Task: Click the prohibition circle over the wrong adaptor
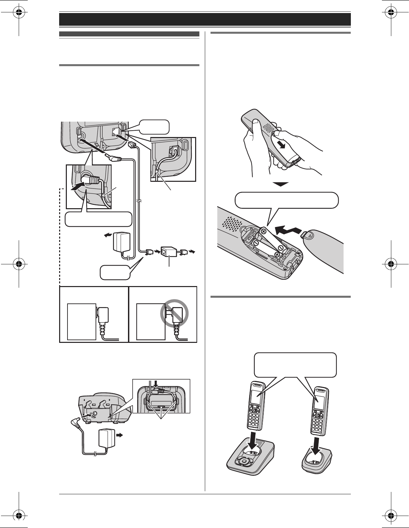pos(174,314)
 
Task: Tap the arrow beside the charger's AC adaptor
pos(119,435)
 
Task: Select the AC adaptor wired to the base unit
pos(121,243)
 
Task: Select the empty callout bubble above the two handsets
pos(295,365)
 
